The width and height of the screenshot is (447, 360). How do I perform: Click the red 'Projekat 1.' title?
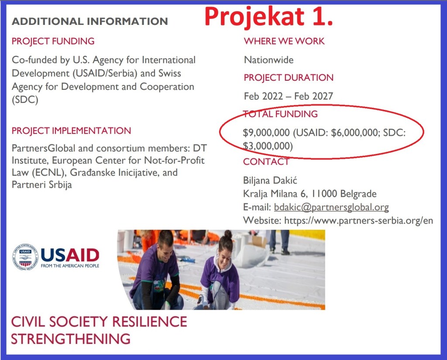[268, 17]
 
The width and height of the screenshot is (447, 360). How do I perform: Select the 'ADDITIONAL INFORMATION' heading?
[90, 21]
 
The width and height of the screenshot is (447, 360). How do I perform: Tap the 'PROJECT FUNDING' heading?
[53, 41]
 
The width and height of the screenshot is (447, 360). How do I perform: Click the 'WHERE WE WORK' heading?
[284, 41]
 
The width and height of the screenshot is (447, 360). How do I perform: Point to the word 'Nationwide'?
[269, 60]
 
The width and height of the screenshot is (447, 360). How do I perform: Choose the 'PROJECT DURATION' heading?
[289, 78]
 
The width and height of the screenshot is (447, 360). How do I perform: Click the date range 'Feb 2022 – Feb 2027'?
[289, 96]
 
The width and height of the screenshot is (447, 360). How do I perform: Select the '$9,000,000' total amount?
[266, 133]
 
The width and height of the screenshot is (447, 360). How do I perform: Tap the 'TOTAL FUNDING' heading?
[280, 114]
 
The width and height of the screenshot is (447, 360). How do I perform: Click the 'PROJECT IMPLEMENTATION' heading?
[71, 131]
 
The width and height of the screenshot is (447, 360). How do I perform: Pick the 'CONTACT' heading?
[266, 161]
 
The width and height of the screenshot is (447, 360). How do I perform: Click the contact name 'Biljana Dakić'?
[270, 180]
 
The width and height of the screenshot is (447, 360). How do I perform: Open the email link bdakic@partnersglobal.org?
[332, 207]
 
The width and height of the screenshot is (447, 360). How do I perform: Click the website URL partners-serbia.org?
[359, 220]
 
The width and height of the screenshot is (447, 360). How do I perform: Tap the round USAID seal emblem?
[25, 257]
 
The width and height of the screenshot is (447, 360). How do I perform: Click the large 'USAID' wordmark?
[70, 255]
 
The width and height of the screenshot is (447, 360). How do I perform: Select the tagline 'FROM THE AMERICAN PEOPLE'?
[70, 266]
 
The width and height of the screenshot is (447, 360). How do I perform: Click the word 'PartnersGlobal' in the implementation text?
[44, 148]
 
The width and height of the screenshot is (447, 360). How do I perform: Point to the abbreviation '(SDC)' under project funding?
[25, 100]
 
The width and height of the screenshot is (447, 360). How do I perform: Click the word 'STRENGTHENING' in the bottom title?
[71, 339]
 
